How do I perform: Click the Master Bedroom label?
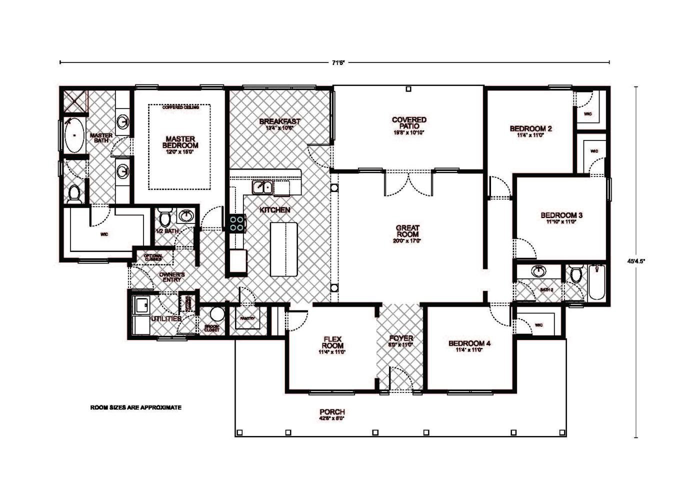(180, 142)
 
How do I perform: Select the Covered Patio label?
(409, 123)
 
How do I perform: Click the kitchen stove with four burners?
(237, 223)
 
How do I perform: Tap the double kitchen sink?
(262, 187)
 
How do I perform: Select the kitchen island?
(283, 249)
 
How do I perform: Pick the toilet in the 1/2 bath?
(165, 218)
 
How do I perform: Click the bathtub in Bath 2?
(596, 282)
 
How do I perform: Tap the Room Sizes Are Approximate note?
(135, 407)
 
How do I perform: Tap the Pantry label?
(247, 318)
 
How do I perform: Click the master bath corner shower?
(74, 102)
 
